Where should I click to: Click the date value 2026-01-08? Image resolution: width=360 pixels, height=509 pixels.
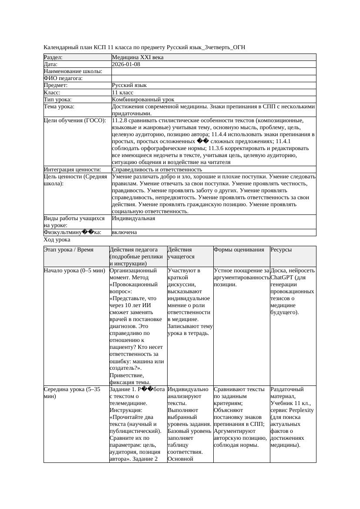point(126,64)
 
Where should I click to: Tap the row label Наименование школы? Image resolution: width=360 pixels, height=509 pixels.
point(73,71)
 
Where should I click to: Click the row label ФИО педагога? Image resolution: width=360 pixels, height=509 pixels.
point(63,78)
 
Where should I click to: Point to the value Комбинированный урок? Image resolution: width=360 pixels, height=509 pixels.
point(143,100)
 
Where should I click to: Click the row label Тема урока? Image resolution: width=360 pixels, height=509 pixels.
point(59,107)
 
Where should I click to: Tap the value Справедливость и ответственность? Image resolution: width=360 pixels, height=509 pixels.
point(157,170)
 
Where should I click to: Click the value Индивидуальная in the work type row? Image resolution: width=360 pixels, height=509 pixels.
point(133,218)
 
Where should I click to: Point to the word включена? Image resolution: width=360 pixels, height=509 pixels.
point(124,232)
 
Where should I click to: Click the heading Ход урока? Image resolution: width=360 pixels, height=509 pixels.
point(57,240)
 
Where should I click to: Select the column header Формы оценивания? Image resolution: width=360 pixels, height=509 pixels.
point(239,250)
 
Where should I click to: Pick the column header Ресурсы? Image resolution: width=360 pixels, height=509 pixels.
point(281,250)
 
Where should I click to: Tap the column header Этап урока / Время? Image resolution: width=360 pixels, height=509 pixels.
point(69,250)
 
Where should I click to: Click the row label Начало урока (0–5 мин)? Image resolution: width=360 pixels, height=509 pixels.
point(74,271)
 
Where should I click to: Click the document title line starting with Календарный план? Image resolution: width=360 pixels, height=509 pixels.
point(148,47)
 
